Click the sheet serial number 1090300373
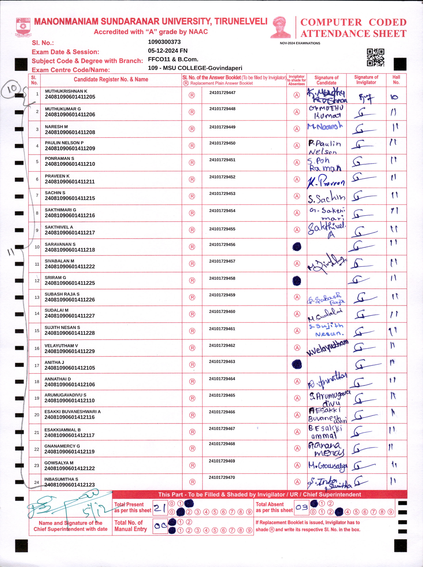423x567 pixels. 164,42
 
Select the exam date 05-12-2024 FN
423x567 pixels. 168,51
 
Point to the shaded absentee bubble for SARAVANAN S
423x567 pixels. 297,247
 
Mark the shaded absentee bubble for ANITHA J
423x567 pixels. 297,364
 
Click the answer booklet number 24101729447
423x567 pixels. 222,93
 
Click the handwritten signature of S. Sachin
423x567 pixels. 326,197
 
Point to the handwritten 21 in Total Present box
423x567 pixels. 160,508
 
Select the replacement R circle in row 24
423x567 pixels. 192,482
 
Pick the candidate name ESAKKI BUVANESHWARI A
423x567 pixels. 72,412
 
